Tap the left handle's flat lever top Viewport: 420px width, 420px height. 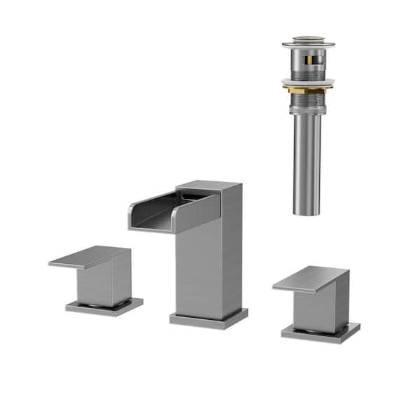[x=88, y=256]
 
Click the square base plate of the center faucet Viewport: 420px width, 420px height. [x=208, y=319]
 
